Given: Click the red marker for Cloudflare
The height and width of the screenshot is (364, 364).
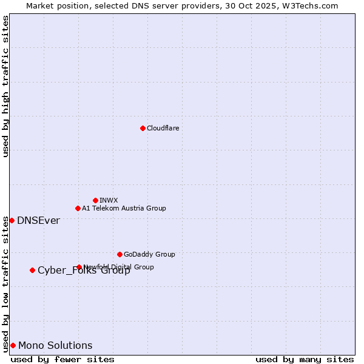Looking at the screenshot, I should coord(143,128).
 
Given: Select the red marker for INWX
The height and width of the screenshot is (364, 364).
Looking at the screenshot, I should coord(95,200).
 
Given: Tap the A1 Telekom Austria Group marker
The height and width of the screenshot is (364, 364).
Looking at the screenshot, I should coord(78,208).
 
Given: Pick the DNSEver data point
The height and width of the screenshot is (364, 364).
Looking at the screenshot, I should coord(12,220).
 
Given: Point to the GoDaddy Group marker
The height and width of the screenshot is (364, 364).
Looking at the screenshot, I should coord(120,254).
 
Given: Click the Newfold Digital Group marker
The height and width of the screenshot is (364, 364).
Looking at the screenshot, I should coord(79,267).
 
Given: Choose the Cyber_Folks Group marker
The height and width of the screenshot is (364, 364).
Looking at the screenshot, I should coord(32,270).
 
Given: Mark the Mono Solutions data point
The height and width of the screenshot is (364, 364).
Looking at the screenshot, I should coord(13,345).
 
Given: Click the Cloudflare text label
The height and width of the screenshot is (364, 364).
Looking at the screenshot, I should coord(163,128).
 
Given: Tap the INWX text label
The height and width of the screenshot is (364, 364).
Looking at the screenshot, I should coord(109,200).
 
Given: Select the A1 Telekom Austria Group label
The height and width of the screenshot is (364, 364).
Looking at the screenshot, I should coord(124,208).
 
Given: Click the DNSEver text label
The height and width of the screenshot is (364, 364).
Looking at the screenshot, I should coord(38,221).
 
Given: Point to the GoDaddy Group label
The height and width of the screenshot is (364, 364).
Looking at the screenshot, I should coord(149,254).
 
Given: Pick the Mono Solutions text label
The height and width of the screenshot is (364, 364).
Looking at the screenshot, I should coord(55,346).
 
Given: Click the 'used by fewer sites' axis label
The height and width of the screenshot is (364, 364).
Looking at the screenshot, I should coord(62,359).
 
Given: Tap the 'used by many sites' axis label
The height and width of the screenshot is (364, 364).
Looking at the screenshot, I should coord(305,359).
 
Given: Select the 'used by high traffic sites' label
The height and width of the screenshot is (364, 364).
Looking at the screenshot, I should coord(5,86).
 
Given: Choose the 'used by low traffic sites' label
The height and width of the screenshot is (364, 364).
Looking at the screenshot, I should coord(5,284).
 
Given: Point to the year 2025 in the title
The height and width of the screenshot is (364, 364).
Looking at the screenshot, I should coord(267,5).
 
